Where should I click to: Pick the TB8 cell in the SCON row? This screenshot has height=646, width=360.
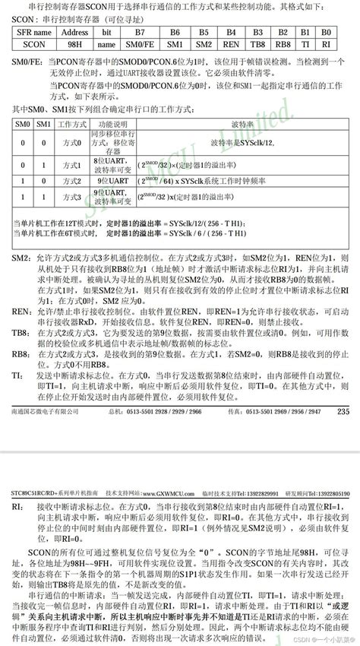257,45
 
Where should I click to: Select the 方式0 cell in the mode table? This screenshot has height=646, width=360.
69,142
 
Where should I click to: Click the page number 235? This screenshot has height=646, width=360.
342,411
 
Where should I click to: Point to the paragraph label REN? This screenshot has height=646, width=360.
20,312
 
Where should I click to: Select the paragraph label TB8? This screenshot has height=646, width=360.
20,334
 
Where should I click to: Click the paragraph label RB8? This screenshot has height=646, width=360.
20,354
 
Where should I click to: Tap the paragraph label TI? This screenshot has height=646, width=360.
17,375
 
